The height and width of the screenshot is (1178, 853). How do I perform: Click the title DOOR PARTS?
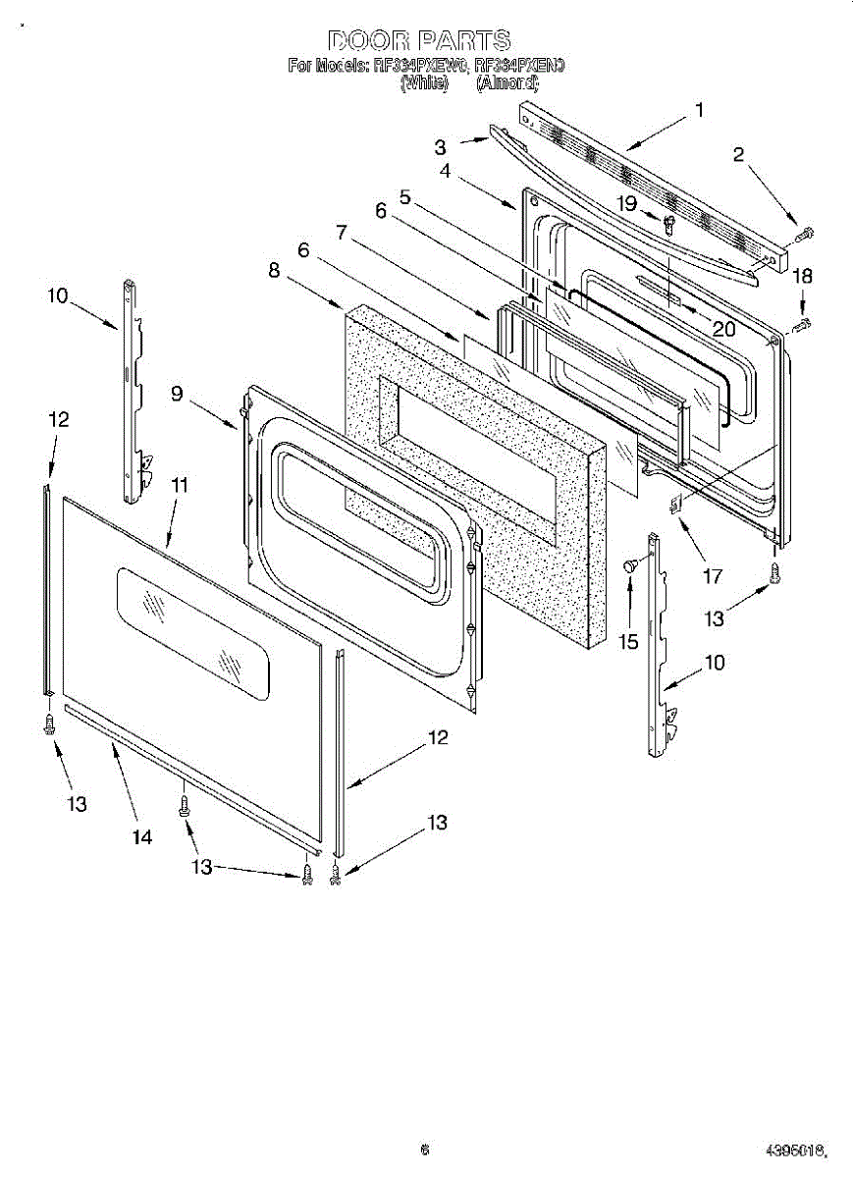pyautogui.click(x=419, y=40)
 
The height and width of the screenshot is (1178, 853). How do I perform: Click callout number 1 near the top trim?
pyautogui.click(x=699, y=110)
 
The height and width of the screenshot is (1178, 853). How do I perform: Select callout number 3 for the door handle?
pyautogui.click(x=441, y=147)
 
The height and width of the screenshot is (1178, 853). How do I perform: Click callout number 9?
pyautogui.click(x=177, y=394)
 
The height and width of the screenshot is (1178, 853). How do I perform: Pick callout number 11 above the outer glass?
pyautogui.click(x=180, y=484)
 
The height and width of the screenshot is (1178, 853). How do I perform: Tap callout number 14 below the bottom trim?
pyautogui.click(x=142, y=836)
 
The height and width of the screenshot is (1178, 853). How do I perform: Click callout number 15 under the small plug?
pyautogui.click(x=628, y=642)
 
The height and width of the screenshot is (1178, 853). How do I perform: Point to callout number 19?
pyautogui.click(x=626, y=202)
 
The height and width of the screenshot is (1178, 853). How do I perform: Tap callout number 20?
pyautogui.click(x=723, y=329)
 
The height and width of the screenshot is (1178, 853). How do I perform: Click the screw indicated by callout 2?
pyautogui.click(x=805, y=234)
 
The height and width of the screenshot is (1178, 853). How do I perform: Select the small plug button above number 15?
pyautogui.click(x=631, y=564)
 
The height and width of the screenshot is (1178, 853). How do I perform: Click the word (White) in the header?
pyautogui.click(x=424, y=84)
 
